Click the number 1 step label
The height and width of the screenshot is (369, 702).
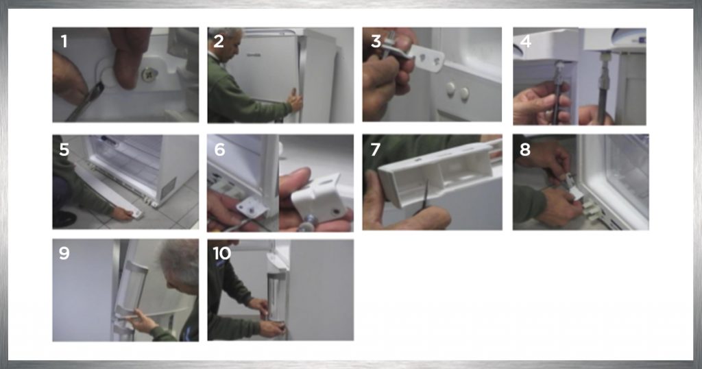pos(64,41)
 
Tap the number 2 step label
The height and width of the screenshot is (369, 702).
pos(219,41)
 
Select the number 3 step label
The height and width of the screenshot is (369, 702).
pos(376,41)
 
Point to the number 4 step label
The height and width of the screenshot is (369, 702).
pos(526,41)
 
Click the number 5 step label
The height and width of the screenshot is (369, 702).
pos(64,149)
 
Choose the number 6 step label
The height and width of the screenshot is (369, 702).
pos(219,149)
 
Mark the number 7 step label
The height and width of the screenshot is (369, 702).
pos(375,149)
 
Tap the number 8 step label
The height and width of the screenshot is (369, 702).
pos(524,149)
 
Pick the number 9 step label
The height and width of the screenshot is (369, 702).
pos(64,253)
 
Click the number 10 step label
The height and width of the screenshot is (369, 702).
pos(222,253)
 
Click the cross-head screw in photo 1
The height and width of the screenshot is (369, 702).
pos(149,75)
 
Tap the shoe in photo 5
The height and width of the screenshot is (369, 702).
pos(64,219)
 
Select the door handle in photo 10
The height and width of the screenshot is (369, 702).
pos(276,296)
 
